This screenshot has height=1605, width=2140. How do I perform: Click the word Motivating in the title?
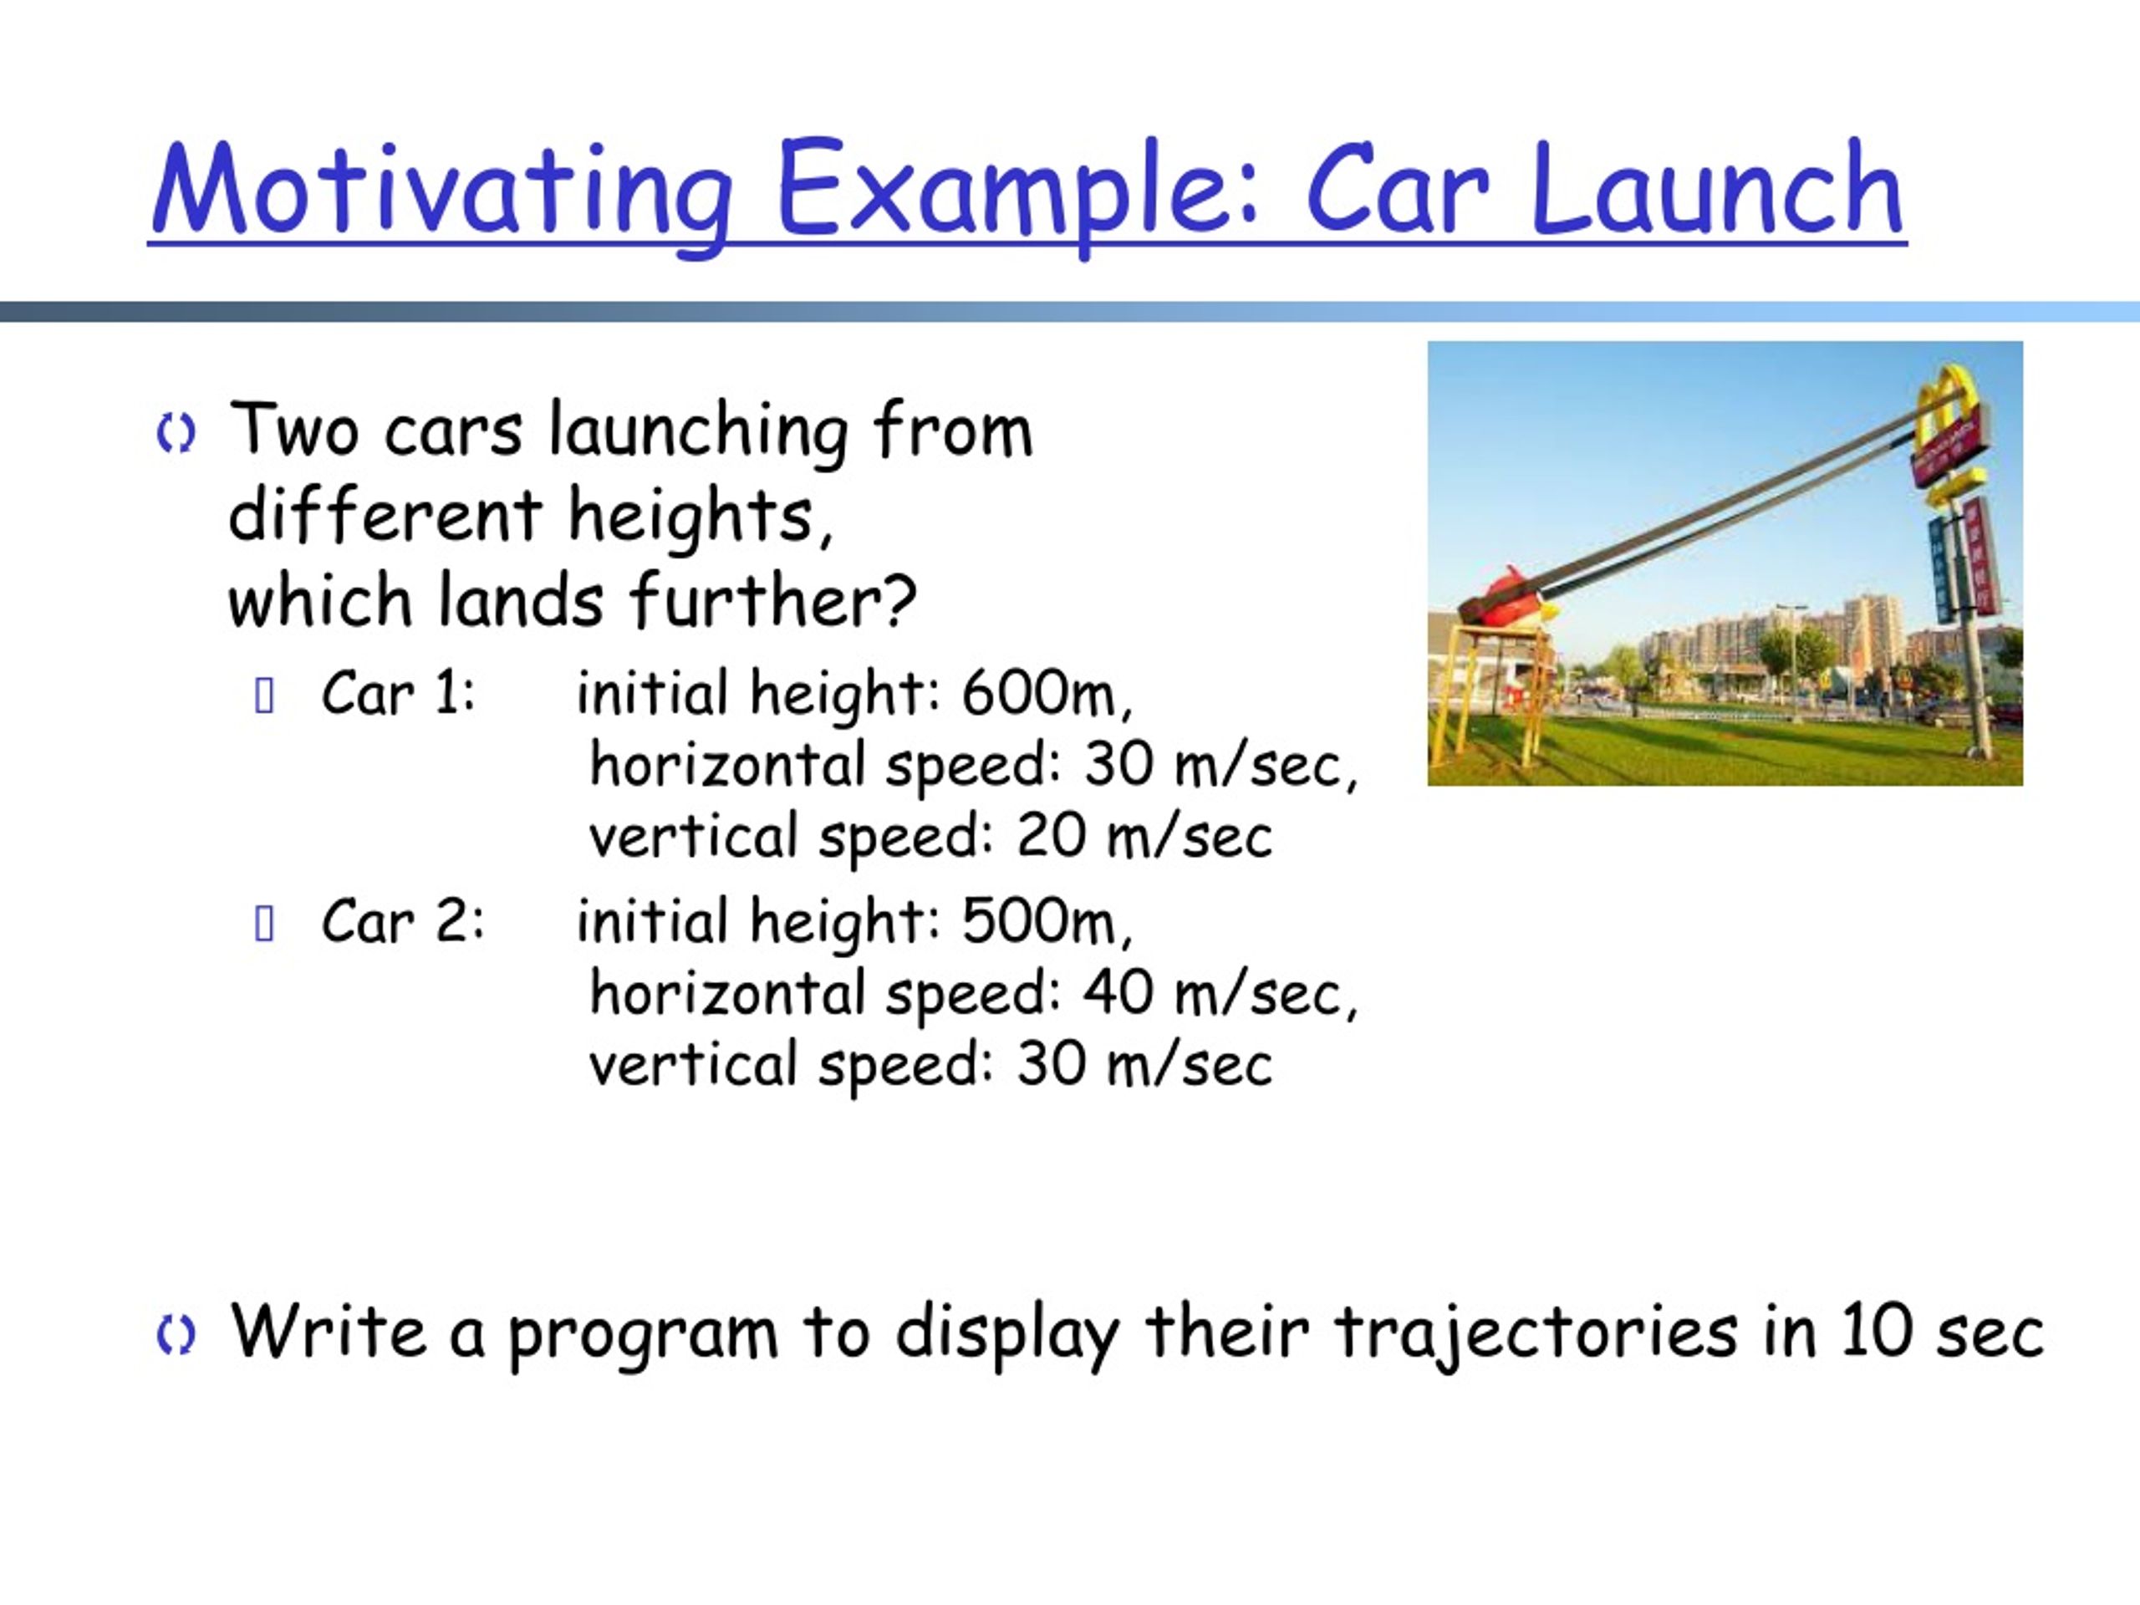click(441, 191)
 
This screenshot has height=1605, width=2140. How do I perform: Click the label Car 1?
click(399, 693)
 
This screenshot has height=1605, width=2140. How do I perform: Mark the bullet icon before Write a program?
click(175, 1335)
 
